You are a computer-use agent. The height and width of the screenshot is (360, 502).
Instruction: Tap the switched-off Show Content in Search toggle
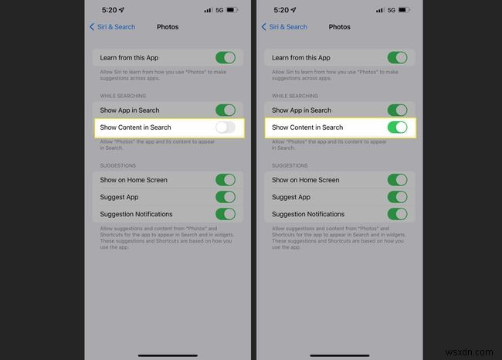(x=225, y=127)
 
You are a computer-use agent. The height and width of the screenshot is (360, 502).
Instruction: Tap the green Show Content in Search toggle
(x=397, y=127)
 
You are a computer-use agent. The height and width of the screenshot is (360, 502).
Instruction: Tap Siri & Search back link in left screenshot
(x=113, y=27)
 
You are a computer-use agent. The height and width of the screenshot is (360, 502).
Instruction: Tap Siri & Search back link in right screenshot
(x=284, y=27)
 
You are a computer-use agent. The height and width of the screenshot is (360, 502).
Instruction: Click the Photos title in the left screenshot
(x=168, y=27)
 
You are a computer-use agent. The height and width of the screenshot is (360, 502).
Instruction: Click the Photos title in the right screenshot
(x=339, y=27)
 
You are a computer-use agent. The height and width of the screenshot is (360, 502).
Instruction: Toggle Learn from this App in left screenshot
(x=225, y=58)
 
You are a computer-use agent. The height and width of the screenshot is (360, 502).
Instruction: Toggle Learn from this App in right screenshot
(x=397, y=58)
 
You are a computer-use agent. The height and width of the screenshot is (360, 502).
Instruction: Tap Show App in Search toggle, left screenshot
(x=225, y=110)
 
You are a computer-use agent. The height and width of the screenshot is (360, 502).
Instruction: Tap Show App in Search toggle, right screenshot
(x=397, y=110)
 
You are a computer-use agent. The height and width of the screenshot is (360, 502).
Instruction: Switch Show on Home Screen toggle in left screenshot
(x=225, y=180)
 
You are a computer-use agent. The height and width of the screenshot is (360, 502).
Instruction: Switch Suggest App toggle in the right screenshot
(x=397, y=197)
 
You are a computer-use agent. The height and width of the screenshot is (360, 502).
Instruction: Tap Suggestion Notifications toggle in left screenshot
(x=225, y=214)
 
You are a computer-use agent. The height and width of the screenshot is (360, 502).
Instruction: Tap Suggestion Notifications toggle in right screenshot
(x=397, y=214)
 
